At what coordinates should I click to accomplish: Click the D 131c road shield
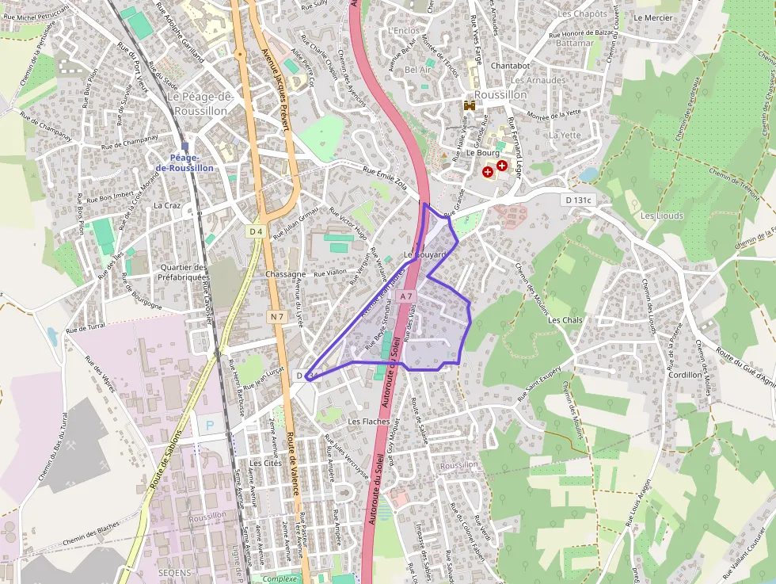tap(580, 200)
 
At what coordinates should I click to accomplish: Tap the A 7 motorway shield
tap(406, 296)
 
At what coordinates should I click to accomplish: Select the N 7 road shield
tap(276, 317)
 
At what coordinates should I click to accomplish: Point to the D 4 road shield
tap(255, 231)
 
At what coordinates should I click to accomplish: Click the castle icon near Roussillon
tap(469, 105)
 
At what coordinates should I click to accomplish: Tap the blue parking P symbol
tap(210, 425)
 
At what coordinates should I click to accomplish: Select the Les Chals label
tap(565, 320)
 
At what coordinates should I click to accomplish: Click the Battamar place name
tap(574, 43)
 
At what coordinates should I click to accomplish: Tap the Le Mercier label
tap(653, 17)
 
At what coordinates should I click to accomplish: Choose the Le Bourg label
tap(481, 152)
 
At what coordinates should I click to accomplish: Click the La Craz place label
tap(168, 205)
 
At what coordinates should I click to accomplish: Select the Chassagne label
tap(286, 274)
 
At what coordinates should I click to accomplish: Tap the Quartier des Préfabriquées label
tap(184, 273)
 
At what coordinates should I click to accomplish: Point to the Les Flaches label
tap(369, 422)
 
